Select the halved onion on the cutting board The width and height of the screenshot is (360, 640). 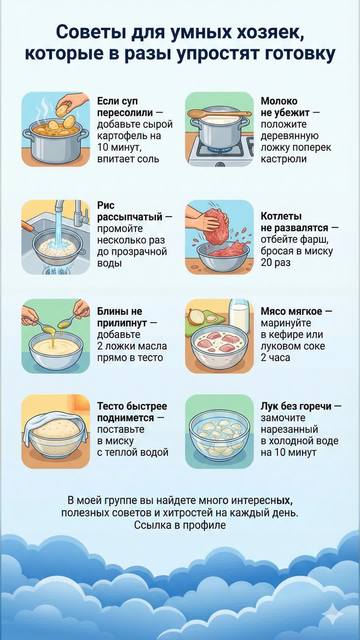[x=196, y=317]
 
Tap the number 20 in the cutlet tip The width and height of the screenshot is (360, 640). [x=266, y=262]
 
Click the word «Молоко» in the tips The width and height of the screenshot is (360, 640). [x=279, y=101]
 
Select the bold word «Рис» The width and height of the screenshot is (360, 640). [x=106, y=205]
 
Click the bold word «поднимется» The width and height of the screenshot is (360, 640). [x=125, y=418]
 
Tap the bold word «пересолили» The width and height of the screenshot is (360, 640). [x=125, y=113]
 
